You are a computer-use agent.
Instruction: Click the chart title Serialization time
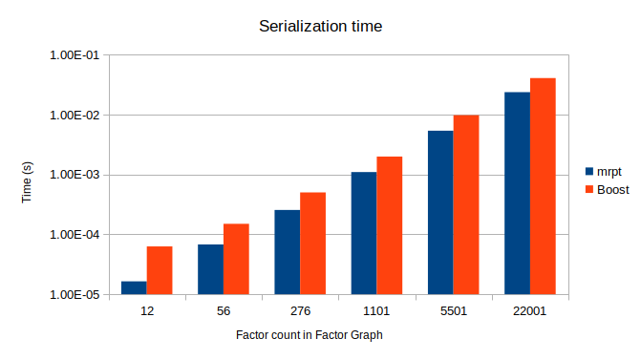point(320,27)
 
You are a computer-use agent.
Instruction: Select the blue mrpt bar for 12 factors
point(134,287)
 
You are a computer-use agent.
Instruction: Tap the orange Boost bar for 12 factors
point(160,270)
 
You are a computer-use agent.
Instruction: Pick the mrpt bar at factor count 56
point(210,269)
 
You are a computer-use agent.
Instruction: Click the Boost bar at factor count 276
point(313,244)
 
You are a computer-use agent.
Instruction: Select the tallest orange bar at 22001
point(543,186)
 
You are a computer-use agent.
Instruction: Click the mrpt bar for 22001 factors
point(517,193)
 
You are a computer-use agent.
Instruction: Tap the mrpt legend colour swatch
point(589,172)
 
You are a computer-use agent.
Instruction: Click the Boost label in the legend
point(613,190)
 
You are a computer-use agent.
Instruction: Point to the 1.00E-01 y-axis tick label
point(74,55)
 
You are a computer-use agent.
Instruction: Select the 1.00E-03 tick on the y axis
point(74,175)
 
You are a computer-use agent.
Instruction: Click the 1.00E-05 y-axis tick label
point(74,295)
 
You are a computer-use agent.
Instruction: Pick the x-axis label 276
point(300,311)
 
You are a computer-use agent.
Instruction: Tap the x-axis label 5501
point(454,311)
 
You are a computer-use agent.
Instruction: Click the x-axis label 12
point(147,311)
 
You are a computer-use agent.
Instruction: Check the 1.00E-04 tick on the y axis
point(74,235)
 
